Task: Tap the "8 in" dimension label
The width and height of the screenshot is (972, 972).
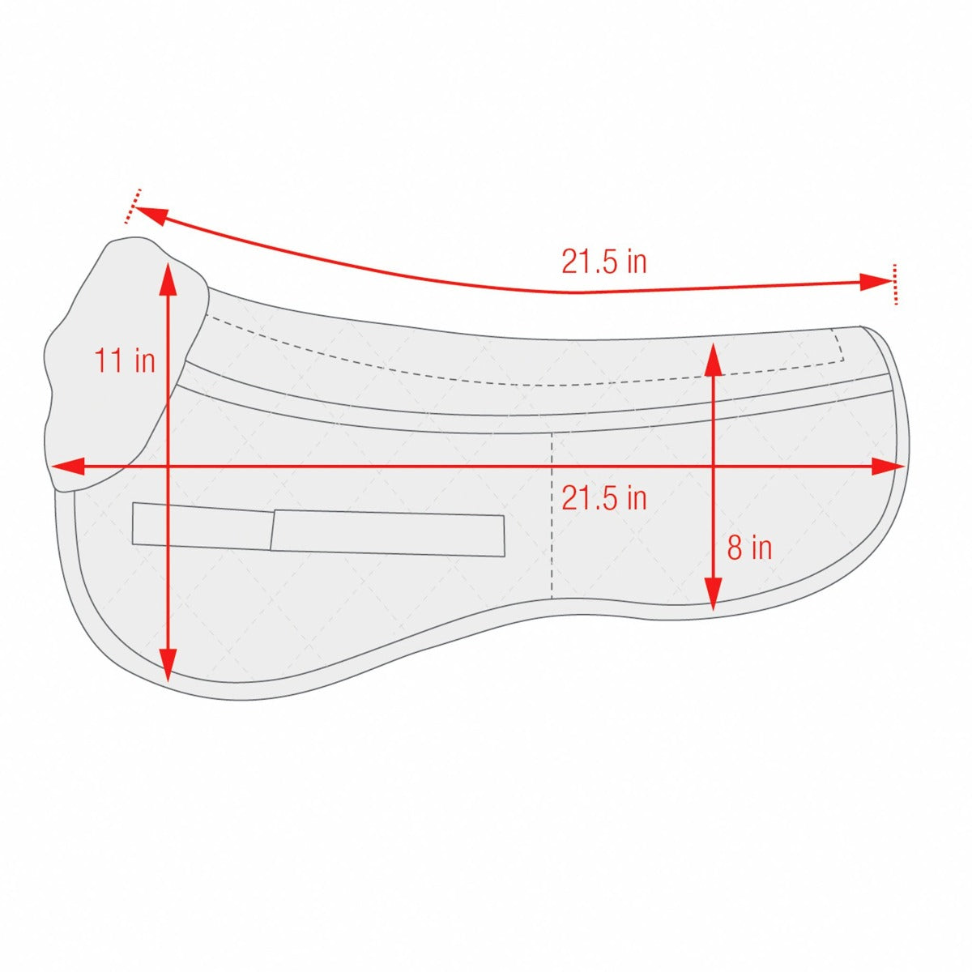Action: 749,548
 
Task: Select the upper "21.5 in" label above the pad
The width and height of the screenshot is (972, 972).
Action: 604,262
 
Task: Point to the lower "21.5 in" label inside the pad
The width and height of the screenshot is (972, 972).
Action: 604,498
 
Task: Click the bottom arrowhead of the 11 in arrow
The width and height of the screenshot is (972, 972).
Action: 167,668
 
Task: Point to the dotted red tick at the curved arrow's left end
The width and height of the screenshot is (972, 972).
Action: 134,206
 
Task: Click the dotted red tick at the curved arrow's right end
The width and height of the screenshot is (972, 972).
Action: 894,283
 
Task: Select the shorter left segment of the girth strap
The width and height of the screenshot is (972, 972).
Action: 202,526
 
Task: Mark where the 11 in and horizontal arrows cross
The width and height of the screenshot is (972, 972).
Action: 167,467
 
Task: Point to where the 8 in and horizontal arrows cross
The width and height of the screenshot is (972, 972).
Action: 713,467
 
